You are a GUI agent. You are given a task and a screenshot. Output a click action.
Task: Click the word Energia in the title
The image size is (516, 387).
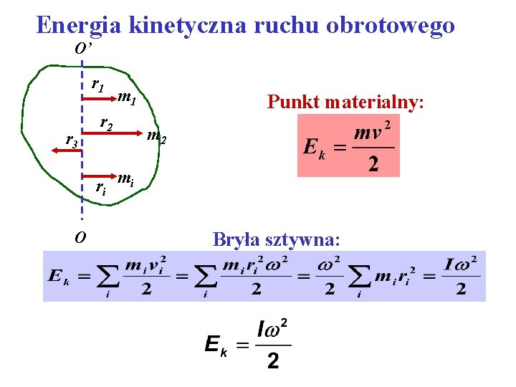80,25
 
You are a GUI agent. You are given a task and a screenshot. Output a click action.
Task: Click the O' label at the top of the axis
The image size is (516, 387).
84,49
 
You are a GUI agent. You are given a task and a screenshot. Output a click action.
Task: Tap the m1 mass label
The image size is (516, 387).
128,97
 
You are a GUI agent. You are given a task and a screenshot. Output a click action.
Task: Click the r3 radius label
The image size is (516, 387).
72,141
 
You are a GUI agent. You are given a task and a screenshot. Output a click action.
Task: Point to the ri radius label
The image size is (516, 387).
101,188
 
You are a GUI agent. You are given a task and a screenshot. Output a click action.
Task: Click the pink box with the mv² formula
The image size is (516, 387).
348,146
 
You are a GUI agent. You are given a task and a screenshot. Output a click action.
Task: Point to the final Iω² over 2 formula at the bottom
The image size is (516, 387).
248,344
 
